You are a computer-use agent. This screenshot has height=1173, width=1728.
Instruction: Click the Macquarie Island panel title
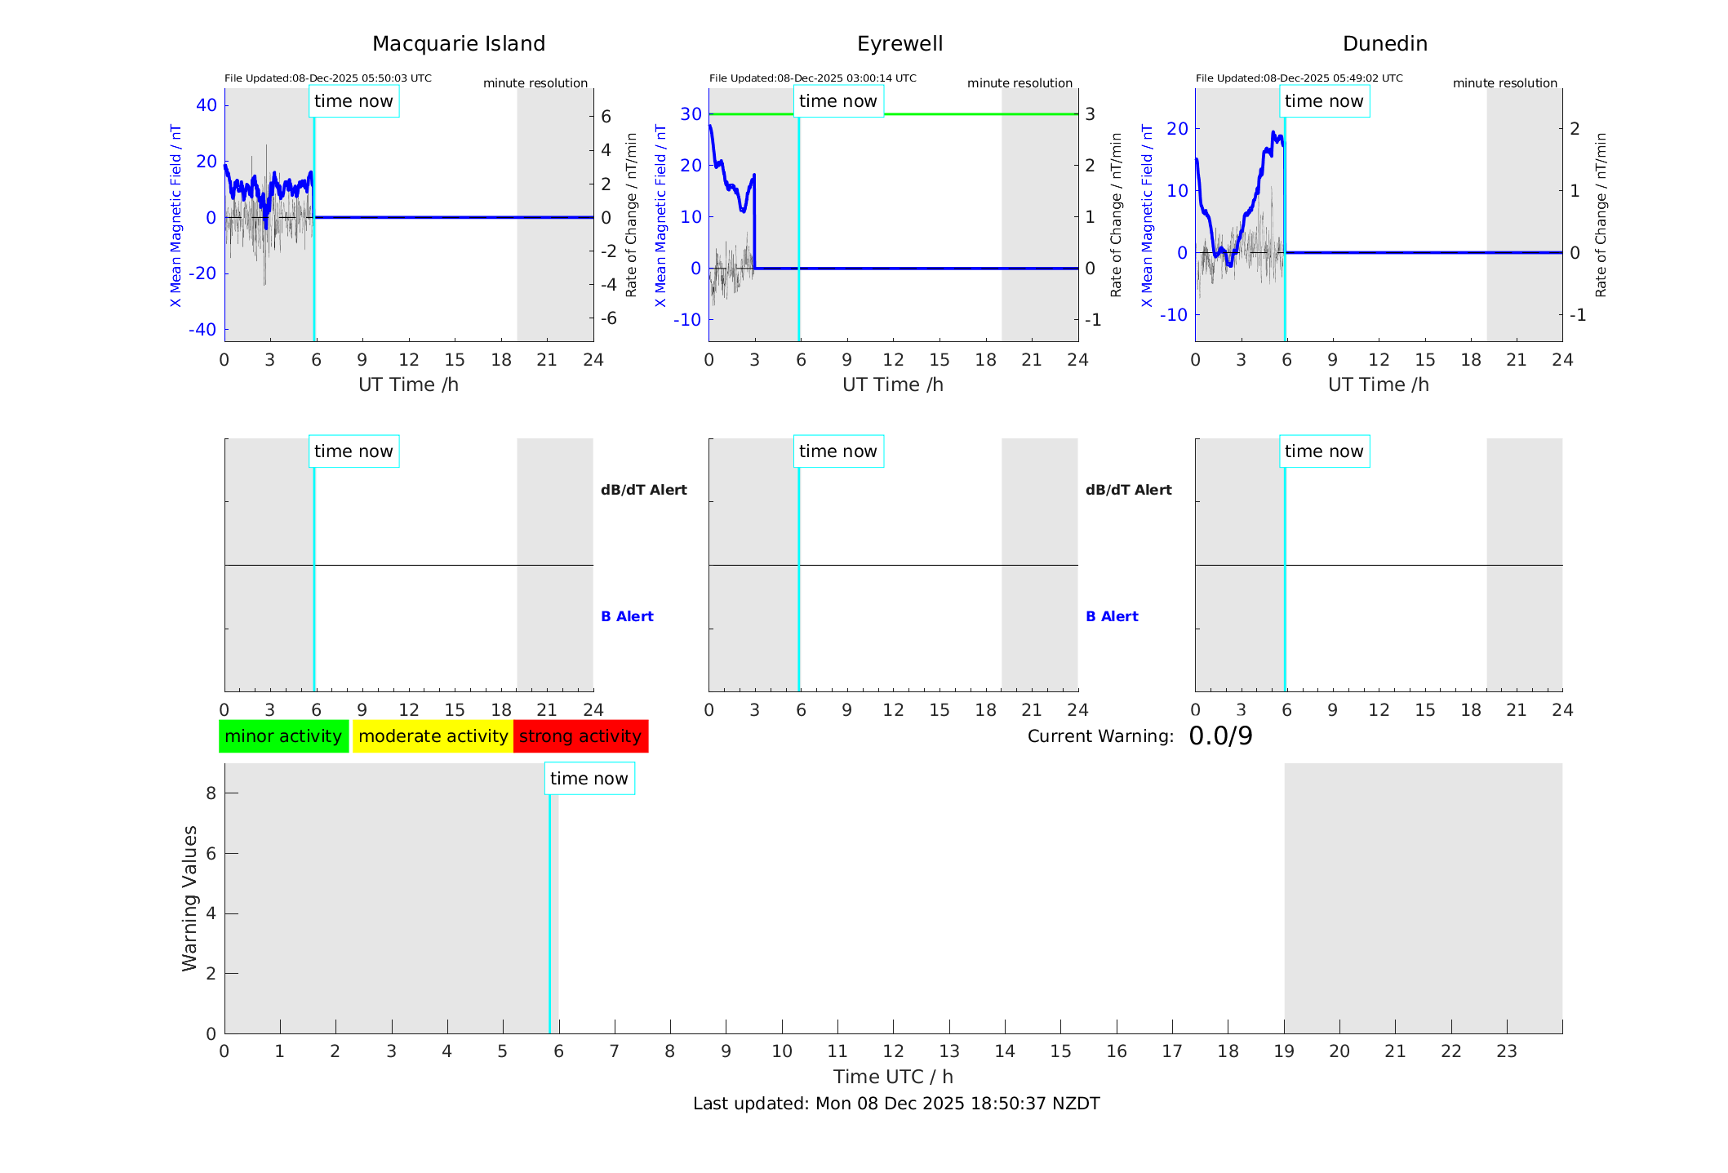tap(458, 44)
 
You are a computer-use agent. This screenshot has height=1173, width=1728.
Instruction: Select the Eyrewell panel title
tap(900, 44)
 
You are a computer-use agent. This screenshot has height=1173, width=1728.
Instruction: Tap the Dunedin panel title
tap(1384, 44)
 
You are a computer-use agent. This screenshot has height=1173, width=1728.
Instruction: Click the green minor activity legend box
tap(283, 736)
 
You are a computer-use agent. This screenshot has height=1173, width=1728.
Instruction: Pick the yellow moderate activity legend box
tap(433, 736)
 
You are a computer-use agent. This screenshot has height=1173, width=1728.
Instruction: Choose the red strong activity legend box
tap(580, 736)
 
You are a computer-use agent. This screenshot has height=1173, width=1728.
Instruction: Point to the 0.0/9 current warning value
tap(1220, 736)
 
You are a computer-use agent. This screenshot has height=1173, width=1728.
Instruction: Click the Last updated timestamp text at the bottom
tap(896, 1104)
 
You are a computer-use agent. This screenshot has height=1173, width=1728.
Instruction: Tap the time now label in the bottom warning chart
tap(589, 779)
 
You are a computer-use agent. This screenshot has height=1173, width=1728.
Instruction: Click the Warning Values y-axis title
tap(189, 898)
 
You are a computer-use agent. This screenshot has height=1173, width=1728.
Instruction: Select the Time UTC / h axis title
tap(893, 1077)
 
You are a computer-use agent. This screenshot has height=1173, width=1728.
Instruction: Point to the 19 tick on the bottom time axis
tap(1284, 1051)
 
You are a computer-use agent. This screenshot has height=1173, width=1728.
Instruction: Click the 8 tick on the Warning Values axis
tap(211, 793)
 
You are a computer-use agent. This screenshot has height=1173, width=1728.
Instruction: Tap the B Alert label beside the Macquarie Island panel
tap(627, 616)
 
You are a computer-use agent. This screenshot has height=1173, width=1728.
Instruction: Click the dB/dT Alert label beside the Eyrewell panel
tap(1128, 490)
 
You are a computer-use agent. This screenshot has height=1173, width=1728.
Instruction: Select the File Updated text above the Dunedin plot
tap(1299, 78)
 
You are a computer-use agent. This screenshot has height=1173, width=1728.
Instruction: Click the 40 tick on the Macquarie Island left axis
tap(207, 104)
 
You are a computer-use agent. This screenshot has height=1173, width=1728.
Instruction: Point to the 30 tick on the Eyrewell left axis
tap(691, 114)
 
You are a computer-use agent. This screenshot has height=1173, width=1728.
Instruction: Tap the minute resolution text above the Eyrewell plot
tap(1019, 83)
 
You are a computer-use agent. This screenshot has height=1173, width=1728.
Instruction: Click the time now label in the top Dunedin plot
tap(1323, 101)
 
